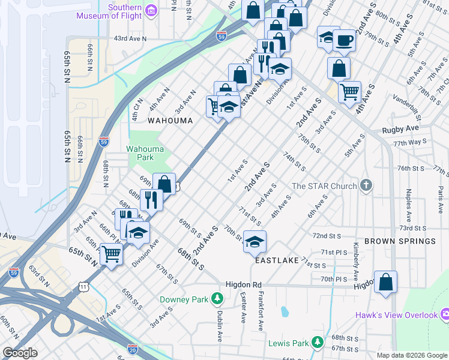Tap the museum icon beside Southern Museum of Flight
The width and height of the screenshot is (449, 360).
[x=152, y=10]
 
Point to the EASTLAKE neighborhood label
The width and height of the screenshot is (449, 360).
[x=277, y=262]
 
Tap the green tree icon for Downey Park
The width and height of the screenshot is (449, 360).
[x=220, y=298]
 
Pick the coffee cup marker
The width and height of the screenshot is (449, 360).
[x=344, y=41]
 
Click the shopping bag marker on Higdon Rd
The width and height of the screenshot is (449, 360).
[x=385, y=281]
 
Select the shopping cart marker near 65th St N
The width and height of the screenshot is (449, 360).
[x=111, y=254]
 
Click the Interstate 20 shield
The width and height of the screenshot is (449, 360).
[x=133, y=348]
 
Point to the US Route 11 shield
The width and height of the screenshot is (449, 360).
[x=83, y=287]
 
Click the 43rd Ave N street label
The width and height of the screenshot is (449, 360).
[x=130, y=38]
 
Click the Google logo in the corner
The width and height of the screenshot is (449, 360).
[x=19, y=353]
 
